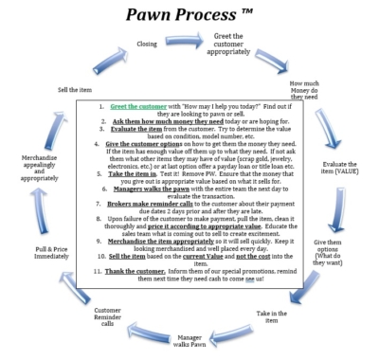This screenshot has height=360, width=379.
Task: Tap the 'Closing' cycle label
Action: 148,44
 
